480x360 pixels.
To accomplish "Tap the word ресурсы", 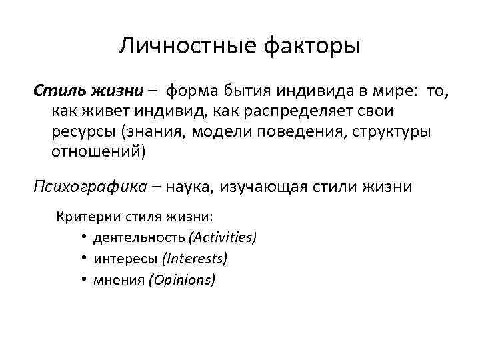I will (82, 131).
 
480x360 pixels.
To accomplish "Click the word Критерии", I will (83, 217).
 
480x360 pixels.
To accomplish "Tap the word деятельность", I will (140, 237).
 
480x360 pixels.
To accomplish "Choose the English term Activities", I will (223, 237).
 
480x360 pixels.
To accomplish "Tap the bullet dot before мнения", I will (87, 280).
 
